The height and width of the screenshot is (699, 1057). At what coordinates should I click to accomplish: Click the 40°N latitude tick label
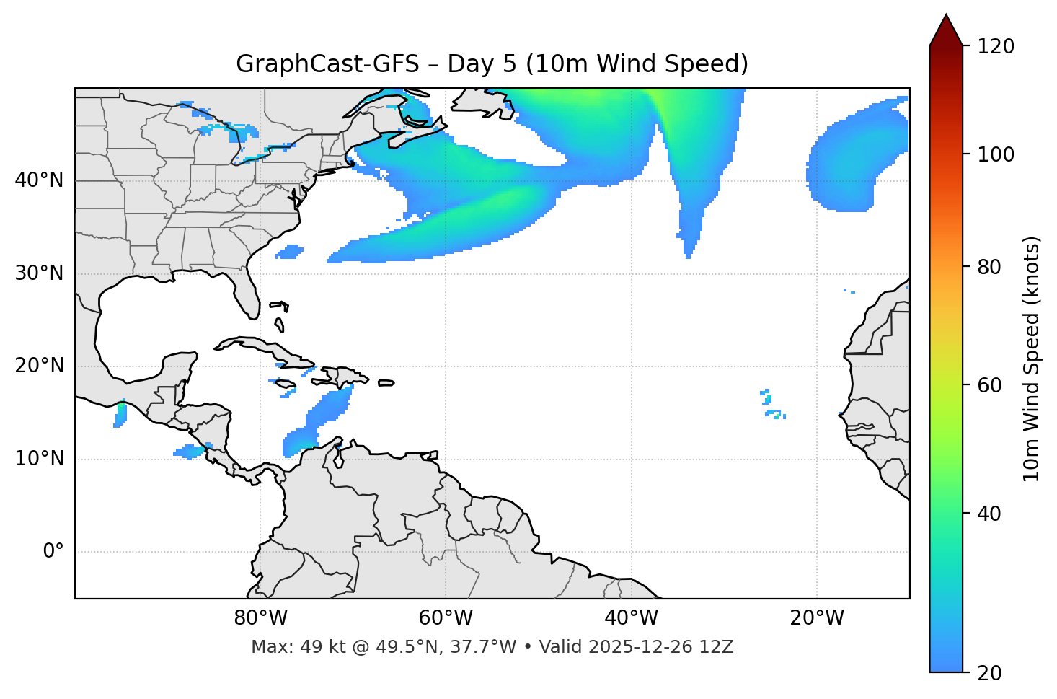39,180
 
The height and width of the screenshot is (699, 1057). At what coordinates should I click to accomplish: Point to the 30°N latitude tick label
39,273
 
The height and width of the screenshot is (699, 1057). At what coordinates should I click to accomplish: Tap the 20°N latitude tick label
39,366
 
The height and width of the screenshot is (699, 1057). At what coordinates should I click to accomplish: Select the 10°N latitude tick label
39,459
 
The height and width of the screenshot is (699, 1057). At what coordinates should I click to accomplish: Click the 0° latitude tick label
53,552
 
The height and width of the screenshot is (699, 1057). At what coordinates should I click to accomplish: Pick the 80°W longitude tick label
260,618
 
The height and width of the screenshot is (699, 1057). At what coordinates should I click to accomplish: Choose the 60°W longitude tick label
446,618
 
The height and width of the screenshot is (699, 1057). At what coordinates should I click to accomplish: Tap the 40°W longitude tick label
631,618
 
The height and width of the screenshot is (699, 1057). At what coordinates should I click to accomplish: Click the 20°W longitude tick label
817,618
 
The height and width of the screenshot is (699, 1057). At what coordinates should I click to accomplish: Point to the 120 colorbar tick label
995,47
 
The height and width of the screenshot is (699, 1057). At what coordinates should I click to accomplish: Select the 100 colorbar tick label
995,154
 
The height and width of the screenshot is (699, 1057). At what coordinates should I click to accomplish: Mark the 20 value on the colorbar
989,673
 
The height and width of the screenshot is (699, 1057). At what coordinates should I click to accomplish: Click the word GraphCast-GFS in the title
327,64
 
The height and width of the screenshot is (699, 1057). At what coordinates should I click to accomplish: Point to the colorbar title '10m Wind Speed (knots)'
1032,359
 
